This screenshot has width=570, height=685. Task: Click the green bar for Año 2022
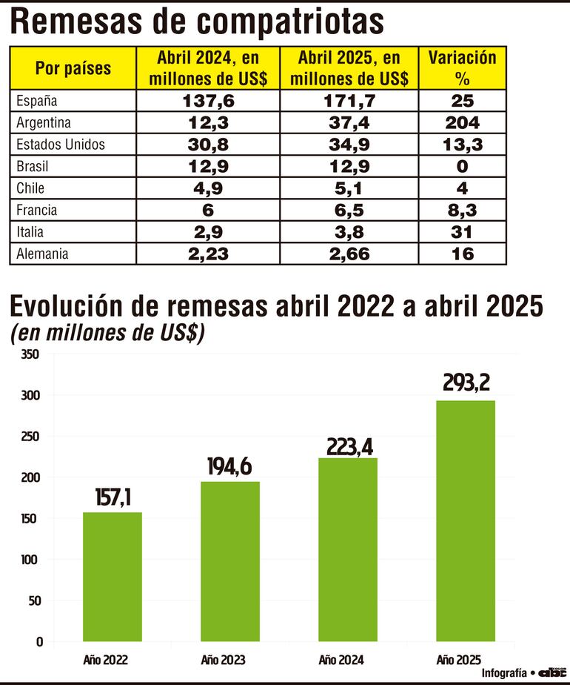point(112,576)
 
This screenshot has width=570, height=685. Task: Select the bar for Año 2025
point(465,520)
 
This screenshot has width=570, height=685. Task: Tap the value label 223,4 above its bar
point(347,446)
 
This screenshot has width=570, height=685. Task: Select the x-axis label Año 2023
point(223,660)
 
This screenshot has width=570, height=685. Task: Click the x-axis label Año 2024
point(341,660)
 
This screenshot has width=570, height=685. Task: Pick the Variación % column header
point(462,68)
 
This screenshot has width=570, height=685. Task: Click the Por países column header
point(73,68)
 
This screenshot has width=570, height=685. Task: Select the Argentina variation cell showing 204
point(462,123)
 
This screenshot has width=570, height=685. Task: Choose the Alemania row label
point(42,254)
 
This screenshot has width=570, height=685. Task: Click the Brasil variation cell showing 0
point(462,167)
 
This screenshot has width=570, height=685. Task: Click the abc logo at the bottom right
point(551,672)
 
